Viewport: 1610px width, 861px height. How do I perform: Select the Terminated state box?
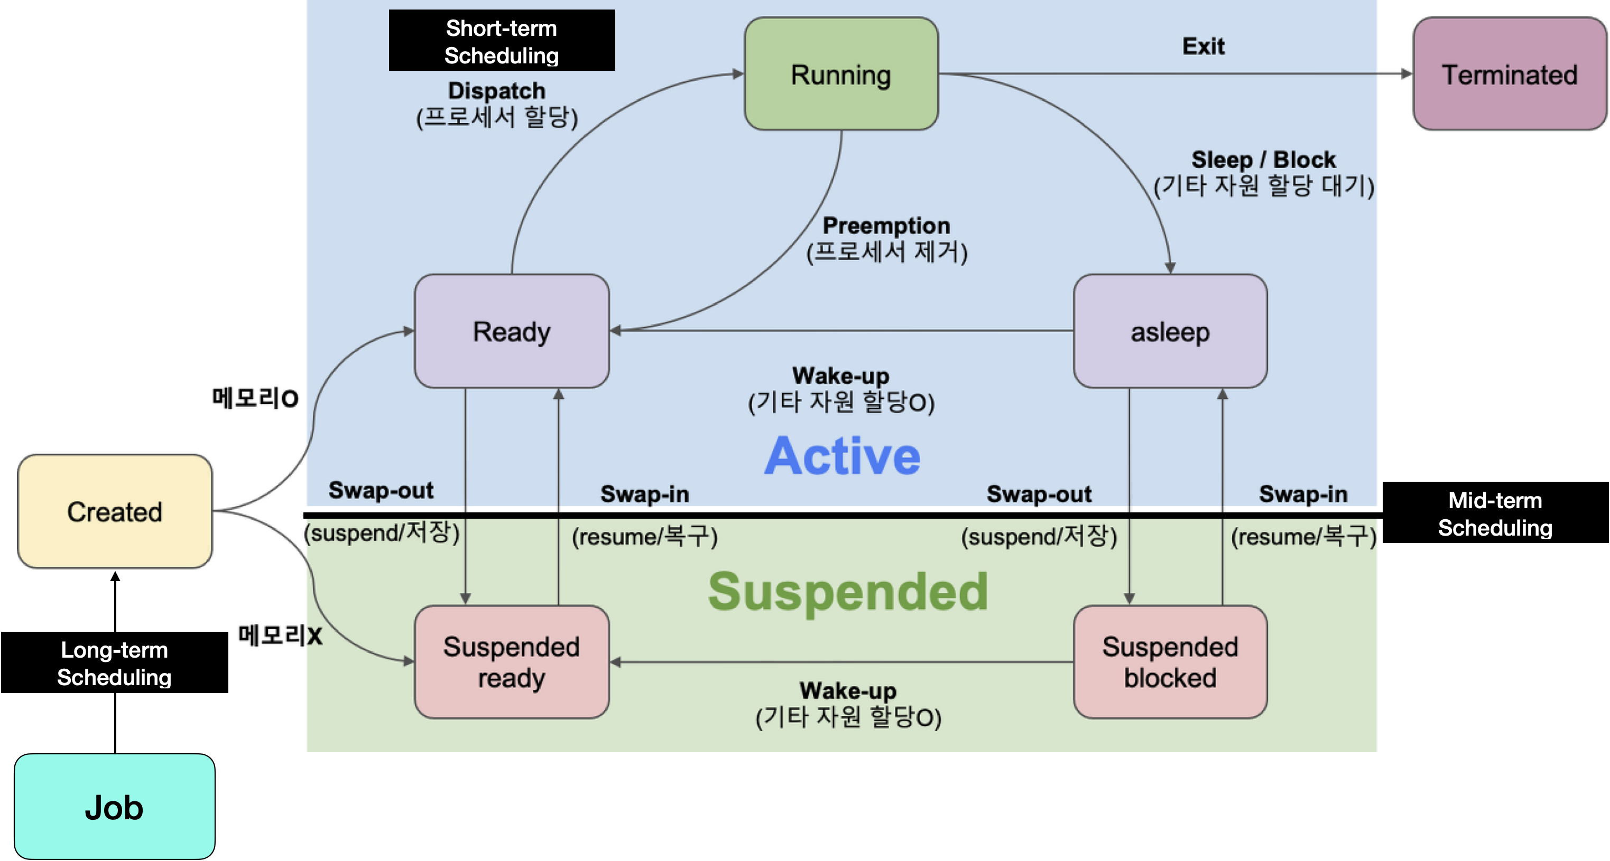1510,74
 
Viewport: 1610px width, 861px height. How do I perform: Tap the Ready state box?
511,331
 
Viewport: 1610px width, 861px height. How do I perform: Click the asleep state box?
1170,331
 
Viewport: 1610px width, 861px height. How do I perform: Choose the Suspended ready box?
511,662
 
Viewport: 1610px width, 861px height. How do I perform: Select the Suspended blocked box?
1170,662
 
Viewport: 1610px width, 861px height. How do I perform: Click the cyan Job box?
114,806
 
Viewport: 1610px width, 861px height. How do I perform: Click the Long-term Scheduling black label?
114,662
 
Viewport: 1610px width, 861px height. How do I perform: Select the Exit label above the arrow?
1203,46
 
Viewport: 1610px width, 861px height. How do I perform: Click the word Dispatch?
497,91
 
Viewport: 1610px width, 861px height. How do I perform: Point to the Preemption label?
886,226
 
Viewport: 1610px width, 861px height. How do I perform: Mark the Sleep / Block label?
1263,160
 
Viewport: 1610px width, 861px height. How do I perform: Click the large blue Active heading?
842,455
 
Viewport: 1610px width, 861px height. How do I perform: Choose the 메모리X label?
280,635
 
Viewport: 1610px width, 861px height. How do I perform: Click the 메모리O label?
255,398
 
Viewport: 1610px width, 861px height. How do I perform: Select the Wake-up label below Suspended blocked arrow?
848,690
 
